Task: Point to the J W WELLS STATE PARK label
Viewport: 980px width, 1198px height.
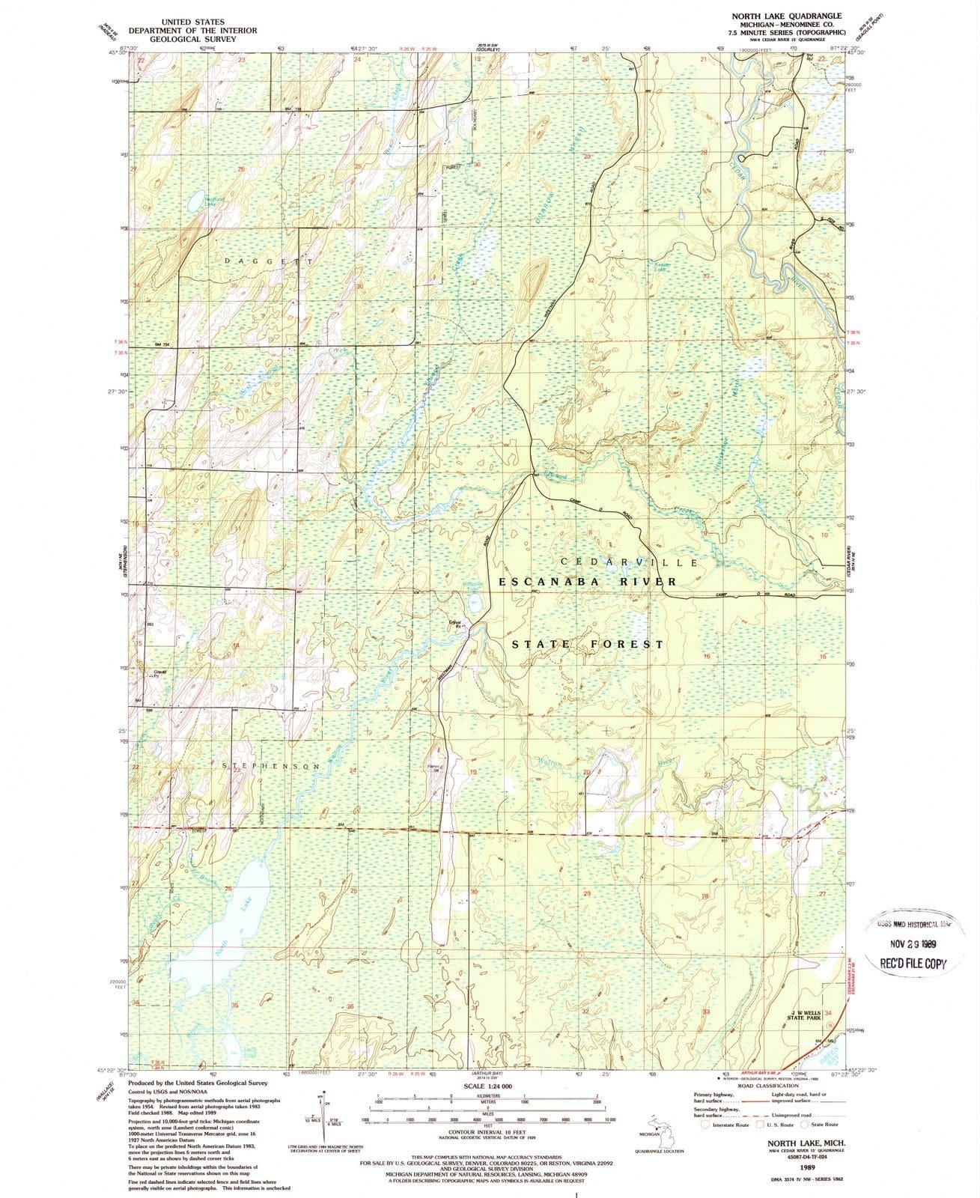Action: (x=806, y=1015)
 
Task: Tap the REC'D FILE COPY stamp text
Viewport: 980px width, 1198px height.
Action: (x=913, y=964)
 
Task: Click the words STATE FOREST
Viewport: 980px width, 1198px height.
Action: (x=588, y=644)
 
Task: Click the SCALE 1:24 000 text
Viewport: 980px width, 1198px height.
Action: (x=488, y=1086)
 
